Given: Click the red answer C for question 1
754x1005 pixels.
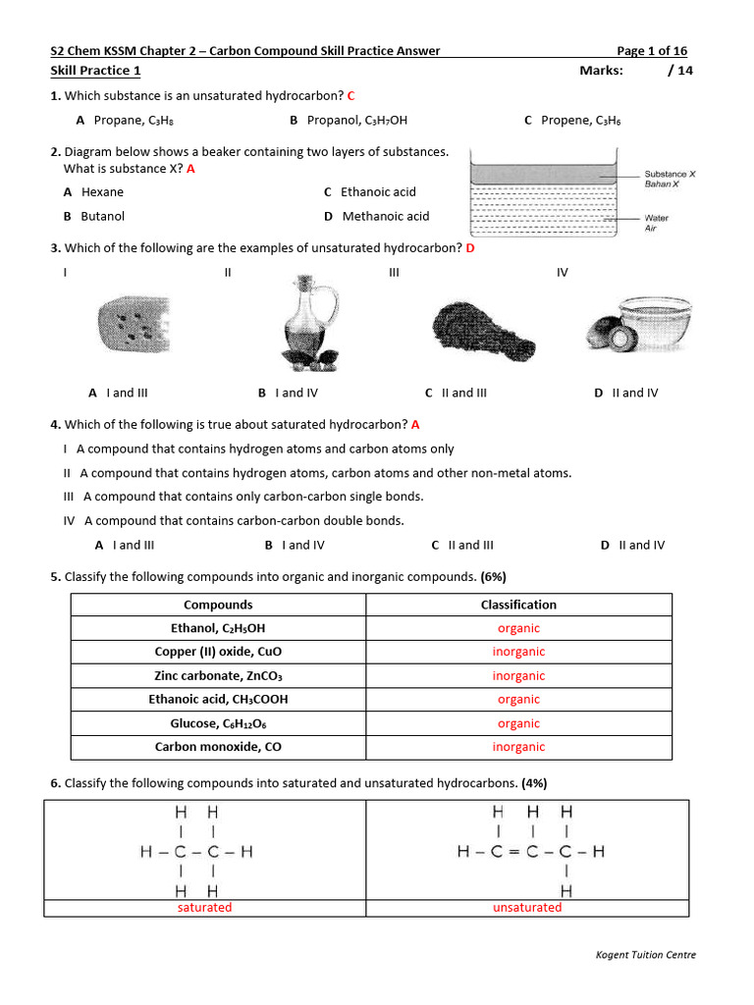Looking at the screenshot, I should tap(350, 95).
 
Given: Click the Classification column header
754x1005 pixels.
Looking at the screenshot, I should tap(518, 605).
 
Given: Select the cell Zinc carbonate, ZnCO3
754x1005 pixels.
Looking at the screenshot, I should tap(218, 676).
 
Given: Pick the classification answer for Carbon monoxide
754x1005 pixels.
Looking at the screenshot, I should tap(518, 747).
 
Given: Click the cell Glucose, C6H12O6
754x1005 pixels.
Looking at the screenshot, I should tap(218, 723).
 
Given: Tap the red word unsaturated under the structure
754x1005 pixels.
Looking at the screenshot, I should tap(527, 908).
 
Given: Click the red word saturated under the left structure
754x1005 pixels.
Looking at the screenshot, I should tap(204, 908).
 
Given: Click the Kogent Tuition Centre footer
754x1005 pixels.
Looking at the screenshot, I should tap(646, 955).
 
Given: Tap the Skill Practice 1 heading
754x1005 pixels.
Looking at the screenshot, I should tap(95, 71).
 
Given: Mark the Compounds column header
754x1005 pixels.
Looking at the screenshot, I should tap(218, 605).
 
